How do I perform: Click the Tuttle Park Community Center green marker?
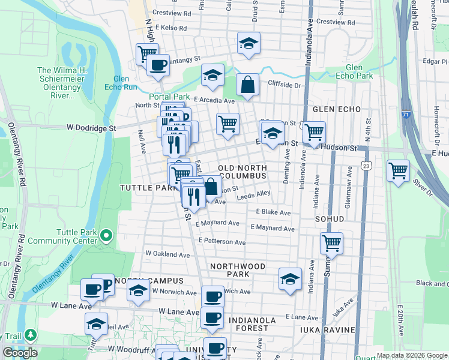click(106, 236)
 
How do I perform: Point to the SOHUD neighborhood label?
click(329, 219)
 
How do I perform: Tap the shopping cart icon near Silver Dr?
click(398, 170)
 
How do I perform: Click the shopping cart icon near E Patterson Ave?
click(331, 243)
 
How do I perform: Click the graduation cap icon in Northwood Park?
click(290, 279)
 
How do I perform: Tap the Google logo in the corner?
click(19, 353)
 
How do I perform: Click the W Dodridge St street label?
click(91, 128)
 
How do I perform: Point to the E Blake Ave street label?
click(273, 212)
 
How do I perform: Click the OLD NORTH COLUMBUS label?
click(242, 172)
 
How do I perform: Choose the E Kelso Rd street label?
click(171, 28)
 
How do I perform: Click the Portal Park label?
click(169, 97)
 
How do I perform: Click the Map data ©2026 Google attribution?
click(412, 355)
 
